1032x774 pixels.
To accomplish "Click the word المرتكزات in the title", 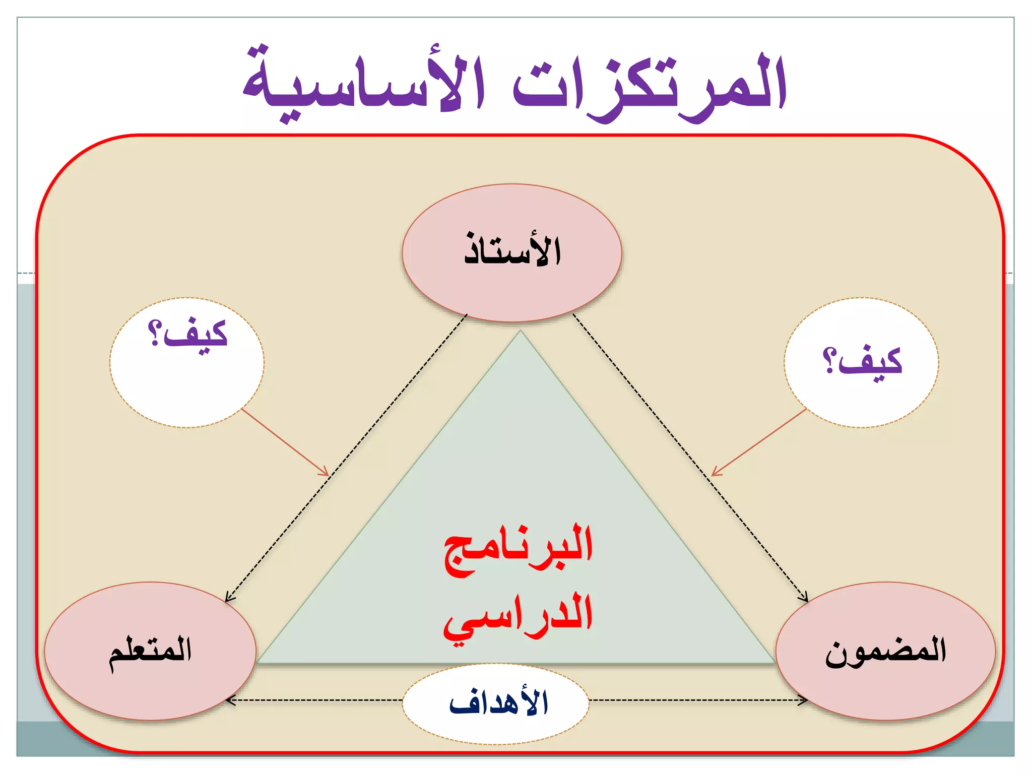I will [x=650, y=86].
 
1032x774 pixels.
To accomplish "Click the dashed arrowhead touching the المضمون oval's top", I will [x=805, y=598].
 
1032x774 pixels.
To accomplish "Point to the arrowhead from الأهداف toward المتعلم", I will [x=229, y=700].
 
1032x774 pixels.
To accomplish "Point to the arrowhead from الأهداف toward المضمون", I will [x=804, y=700].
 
